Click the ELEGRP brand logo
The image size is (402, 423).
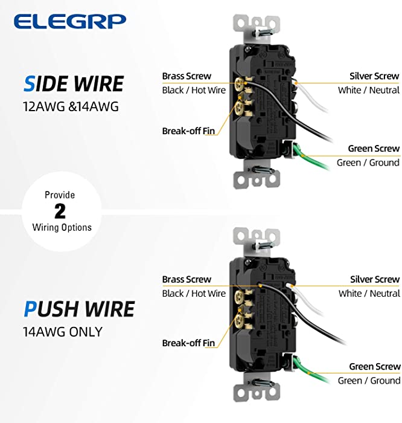[x=70, y=21]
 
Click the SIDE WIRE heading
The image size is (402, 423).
[x=74, y=84]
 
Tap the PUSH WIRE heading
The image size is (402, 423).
[x=79, y=309]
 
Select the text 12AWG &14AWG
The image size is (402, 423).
[x=71, y=106]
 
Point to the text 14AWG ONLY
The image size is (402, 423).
[x=63, y=332]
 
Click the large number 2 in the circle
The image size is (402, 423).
[x=60, y=211]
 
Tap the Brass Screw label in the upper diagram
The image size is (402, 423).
[x=187, y=76]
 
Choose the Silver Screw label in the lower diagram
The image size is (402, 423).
[x=375, y=279]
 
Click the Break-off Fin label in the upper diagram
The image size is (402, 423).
[x=188, y=131]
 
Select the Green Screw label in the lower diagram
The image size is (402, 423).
[x=375, y=366]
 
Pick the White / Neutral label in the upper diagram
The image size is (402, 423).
[x=369, y=90]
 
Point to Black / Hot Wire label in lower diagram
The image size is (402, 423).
[x=194, y=293]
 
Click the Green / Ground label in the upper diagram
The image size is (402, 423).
[x=368, y=163]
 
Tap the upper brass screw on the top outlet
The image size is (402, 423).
[x=239, y=84]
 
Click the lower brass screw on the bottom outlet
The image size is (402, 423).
[x=239, y=321]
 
